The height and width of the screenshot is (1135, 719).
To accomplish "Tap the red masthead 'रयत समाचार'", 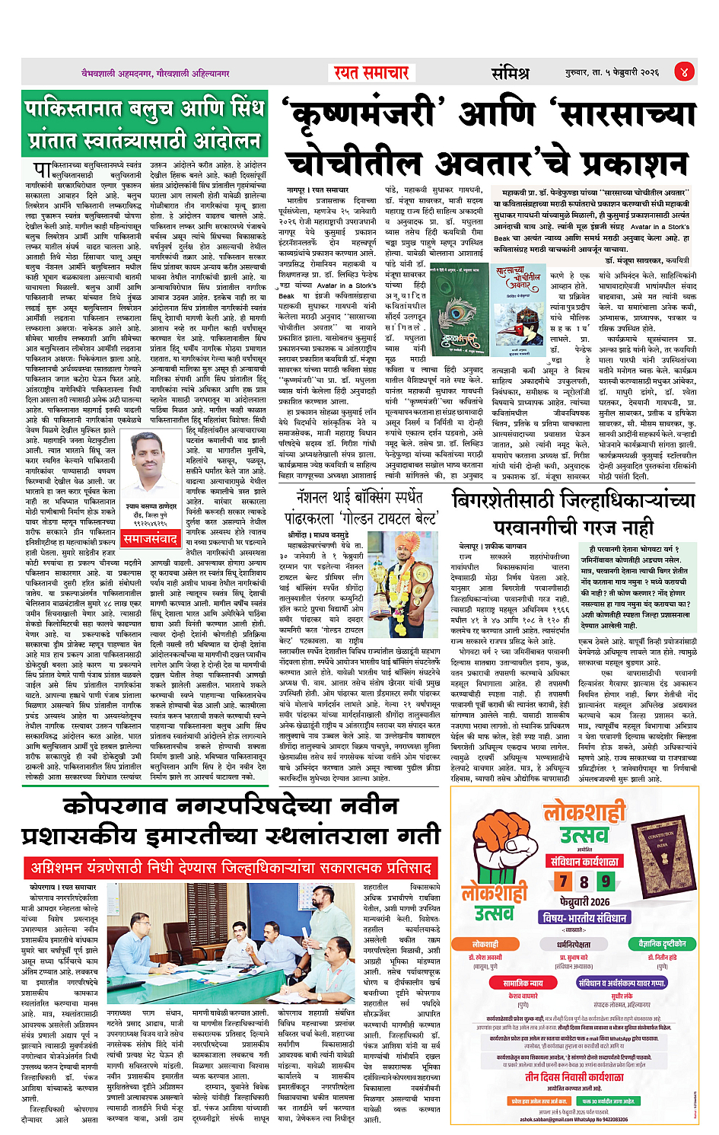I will click(371, 73).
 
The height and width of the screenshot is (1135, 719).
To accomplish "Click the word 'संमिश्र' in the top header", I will click(509, 73).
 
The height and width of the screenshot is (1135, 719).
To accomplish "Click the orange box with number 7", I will click(563, 882).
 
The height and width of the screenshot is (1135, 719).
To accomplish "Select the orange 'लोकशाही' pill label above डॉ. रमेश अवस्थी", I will click(485, 944).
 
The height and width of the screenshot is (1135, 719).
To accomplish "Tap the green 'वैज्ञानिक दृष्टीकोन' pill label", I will click(662, 944).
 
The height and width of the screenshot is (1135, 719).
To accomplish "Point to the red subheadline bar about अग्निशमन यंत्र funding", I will click(231, 868).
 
